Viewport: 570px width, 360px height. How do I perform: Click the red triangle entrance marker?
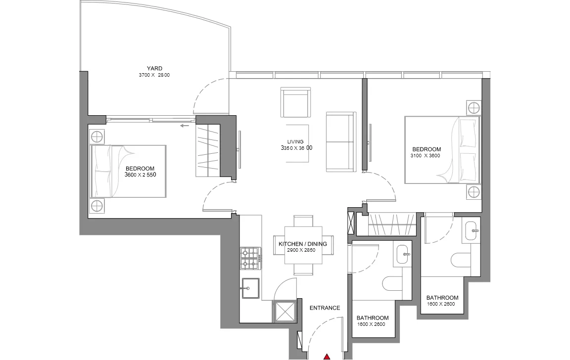click(x=328, y=357)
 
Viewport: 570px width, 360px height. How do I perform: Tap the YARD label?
click(x=154, y=68)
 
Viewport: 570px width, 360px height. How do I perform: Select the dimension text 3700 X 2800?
click(x=154, y=75)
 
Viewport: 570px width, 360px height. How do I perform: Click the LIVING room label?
click(x=295, y=141)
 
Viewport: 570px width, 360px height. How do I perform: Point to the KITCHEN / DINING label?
click(x=303, y=244)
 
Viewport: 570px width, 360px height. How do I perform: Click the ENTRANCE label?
click(x=325, y=308)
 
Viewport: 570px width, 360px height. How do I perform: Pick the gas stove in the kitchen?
click(x=250, y=258)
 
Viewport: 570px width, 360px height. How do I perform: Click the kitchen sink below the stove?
click(x=250, y=288)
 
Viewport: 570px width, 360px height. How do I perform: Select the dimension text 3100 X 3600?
click(x=425, y=155)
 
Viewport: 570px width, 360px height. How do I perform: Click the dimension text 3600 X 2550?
click(x=141, y=175)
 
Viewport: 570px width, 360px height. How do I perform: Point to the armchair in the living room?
click(x=295, y=102)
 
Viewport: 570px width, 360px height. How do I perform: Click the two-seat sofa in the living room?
click(x=340, y=141)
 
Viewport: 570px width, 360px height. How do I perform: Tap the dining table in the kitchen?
click(x=303, y=246)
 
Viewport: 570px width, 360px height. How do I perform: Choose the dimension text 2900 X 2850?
click(x=301, y=250)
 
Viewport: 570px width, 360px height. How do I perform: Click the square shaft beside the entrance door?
click(x=285, y=312)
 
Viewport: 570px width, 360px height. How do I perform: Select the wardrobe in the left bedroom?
click(x=208, y=150)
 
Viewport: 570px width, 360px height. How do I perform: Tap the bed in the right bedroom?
click(x=442, y=150)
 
